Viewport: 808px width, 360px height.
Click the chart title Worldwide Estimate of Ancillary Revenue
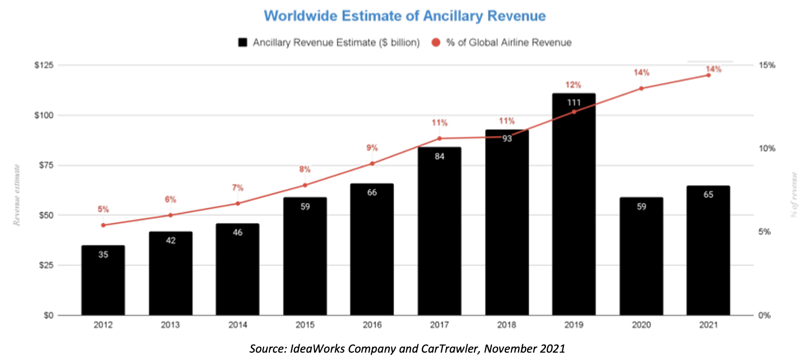(405, 16)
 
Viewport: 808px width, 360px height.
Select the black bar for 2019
(574, 211)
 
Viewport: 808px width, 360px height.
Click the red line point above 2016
(372, 163)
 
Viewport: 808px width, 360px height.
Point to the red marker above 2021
(708, 75)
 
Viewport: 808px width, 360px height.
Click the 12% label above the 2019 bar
(574, 85)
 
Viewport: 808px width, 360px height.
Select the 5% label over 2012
(103, 209)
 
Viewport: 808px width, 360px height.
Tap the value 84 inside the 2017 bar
(439, 157)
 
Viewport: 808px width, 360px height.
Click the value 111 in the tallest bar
(574, 103)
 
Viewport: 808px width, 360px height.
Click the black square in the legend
(243, 43)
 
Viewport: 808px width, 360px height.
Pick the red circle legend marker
(436, 43)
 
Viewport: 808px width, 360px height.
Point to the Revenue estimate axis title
(16, 195)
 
